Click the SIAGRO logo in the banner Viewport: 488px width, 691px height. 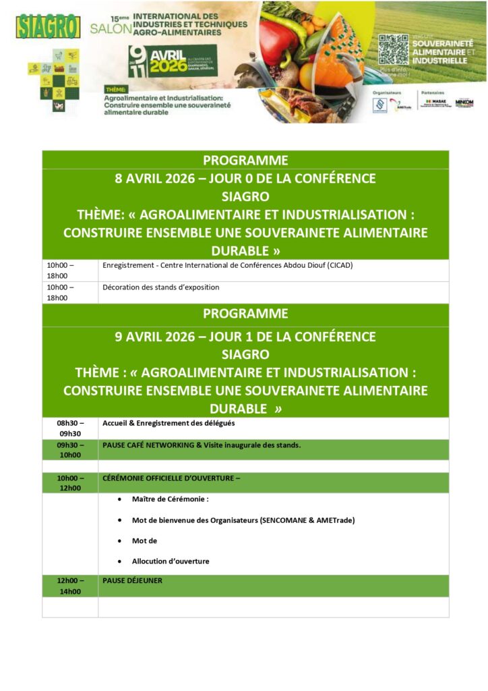coord(48,26)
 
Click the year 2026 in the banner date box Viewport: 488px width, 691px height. coord(172,66)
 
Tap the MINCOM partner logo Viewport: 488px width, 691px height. coord(464,103)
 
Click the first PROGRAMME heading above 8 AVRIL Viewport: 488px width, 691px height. coord(245,160)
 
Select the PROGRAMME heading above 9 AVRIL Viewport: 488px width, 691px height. coord(245,314)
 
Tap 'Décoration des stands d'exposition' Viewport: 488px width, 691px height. coord(161,287)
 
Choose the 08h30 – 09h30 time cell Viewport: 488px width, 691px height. coord(70,429)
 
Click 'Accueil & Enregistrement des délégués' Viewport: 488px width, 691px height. coord(169,424)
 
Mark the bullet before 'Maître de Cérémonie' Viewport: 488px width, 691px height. coord(119,500)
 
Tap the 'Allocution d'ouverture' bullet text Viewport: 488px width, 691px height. coord(171,561)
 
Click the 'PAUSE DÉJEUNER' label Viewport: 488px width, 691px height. coord(132,580)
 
